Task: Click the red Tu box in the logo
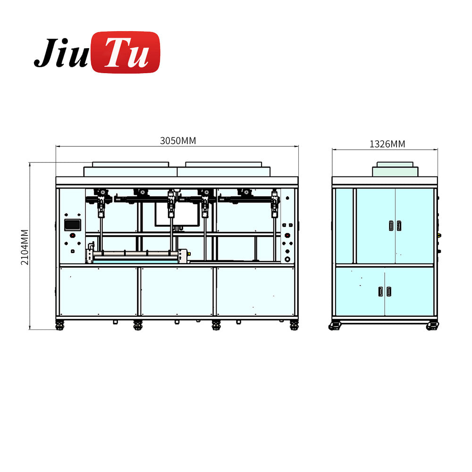[126, 52]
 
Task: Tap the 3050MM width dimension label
[177, 141]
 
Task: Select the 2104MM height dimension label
[25, 247]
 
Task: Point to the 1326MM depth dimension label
[387, 144]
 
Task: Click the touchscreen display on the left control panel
[72, 225]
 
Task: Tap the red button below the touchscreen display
[72, 236]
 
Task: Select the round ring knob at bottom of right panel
[287, 259]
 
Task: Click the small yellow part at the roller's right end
[189, 254]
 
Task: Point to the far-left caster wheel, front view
[59, 325]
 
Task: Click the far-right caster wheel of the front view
[294, 325]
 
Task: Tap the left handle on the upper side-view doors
[390, 226]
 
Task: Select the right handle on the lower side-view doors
[388, 292]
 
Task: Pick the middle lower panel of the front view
[177, 291]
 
